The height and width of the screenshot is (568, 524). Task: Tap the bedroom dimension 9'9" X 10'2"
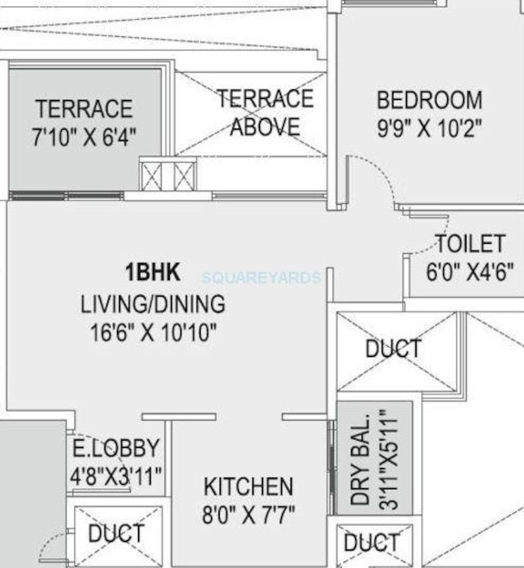coord(429,128)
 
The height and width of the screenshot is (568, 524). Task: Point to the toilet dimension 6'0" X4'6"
coord(470,271)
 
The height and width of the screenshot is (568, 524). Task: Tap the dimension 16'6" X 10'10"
coord(153,332)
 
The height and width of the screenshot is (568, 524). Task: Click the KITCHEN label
coord(248,486)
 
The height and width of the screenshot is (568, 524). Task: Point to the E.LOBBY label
coord(116,448)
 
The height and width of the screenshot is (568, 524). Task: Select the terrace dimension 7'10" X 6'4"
coord(84,137)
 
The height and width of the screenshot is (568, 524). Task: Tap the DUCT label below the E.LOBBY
coord(116,533)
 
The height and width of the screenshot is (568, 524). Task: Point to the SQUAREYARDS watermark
coord(262,278)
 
